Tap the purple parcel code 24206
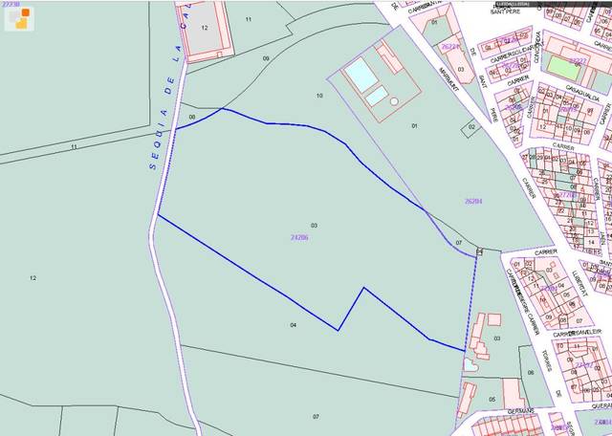[x=298, y=236]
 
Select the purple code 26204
[x=472, y=202]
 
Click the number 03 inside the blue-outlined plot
[x=314, y=225]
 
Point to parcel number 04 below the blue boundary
[x=293, y=325]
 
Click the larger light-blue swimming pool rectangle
[x=360, y=73]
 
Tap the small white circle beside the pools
[x=394, y=100]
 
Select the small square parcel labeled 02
[x=471, y=127]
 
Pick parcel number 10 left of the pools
[x=319, y=96]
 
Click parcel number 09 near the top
[x=266, y=58]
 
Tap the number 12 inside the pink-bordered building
[x=205, y=28]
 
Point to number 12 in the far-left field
[x=33, y=278]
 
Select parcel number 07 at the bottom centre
[x=316, y=417]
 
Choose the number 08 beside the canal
[x=191, y=118]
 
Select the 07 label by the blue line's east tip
[x=459, y=243]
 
